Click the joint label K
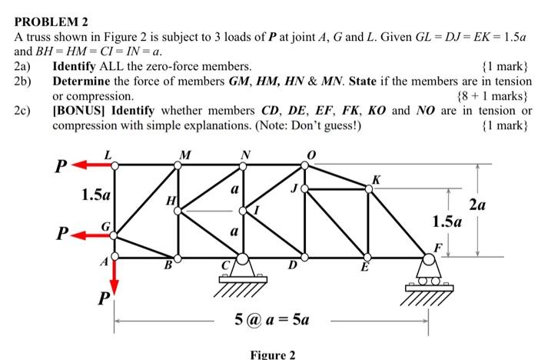coord(374,180)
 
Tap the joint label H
coord(170,202)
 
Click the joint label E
coord(366,268)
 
